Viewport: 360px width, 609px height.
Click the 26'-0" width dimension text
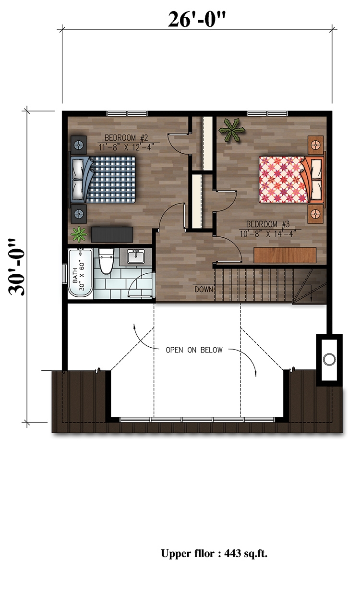pos(197,20)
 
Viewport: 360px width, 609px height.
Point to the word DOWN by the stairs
pos(203,289)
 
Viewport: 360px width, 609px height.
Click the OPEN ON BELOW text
pos(194,350)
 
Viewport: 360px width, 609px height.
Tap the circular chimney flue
pos(329,359)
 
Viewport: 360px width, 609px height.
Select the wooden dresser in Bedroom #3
pos(285,255)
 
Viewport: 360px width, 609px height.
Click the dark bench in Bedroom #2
pos(111,234)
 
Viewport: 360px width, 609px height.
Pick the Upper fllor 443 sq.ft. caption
pos(214,554)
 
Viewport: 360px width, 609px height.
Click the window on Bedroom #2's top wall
pos(127,114)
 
